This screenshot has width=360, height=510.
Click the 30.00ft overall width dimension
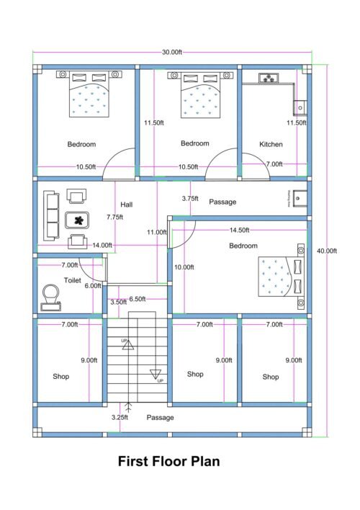pos(171,52)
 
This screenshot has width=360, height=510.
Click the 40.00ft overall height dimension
pos(327,251)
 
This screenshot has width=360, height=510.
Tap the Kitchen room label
pos(271,145)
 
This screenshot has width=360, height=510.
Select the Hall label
pos(127,205)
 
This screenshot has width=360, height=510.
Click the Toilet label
pos(72,280)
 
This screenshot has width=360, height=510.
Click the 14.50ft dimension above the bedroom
pos(239,231)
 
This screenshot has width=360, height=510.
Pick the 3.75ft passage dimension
pos(190,198)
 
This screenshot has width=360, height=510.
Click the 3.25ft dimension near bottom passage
pos(120,417)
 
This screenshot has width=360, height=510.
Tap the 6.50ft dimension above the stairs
pos(137,299)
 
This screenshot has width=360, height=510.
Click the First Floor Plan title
pos(168,461)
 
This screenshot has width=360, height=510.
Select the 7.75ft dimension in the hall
pos(113,217)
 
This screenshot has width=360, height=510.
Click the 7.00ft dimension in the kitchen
pos(274,164)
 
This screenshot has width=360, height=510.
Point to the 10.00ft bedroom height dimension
pos(184,267)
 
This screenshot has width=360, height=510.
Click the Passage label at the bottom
pos(160,417)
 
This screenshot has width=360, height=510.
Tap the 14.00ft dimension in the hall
pos(102,245)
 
